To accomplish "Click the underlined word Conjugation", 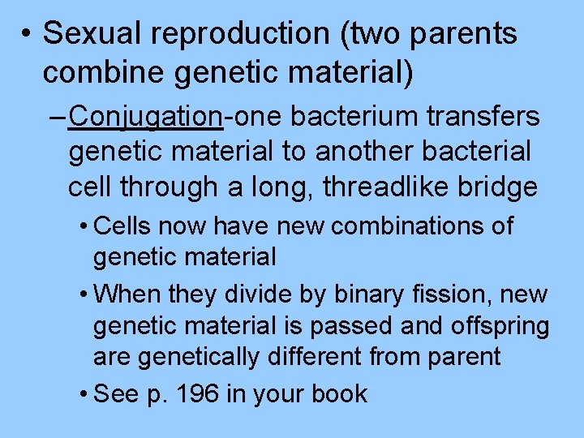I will tap(146, 117).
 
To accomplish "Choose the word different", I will tap(308, 357).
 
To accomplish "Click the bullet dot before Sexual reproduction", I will tap(27, 35).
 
